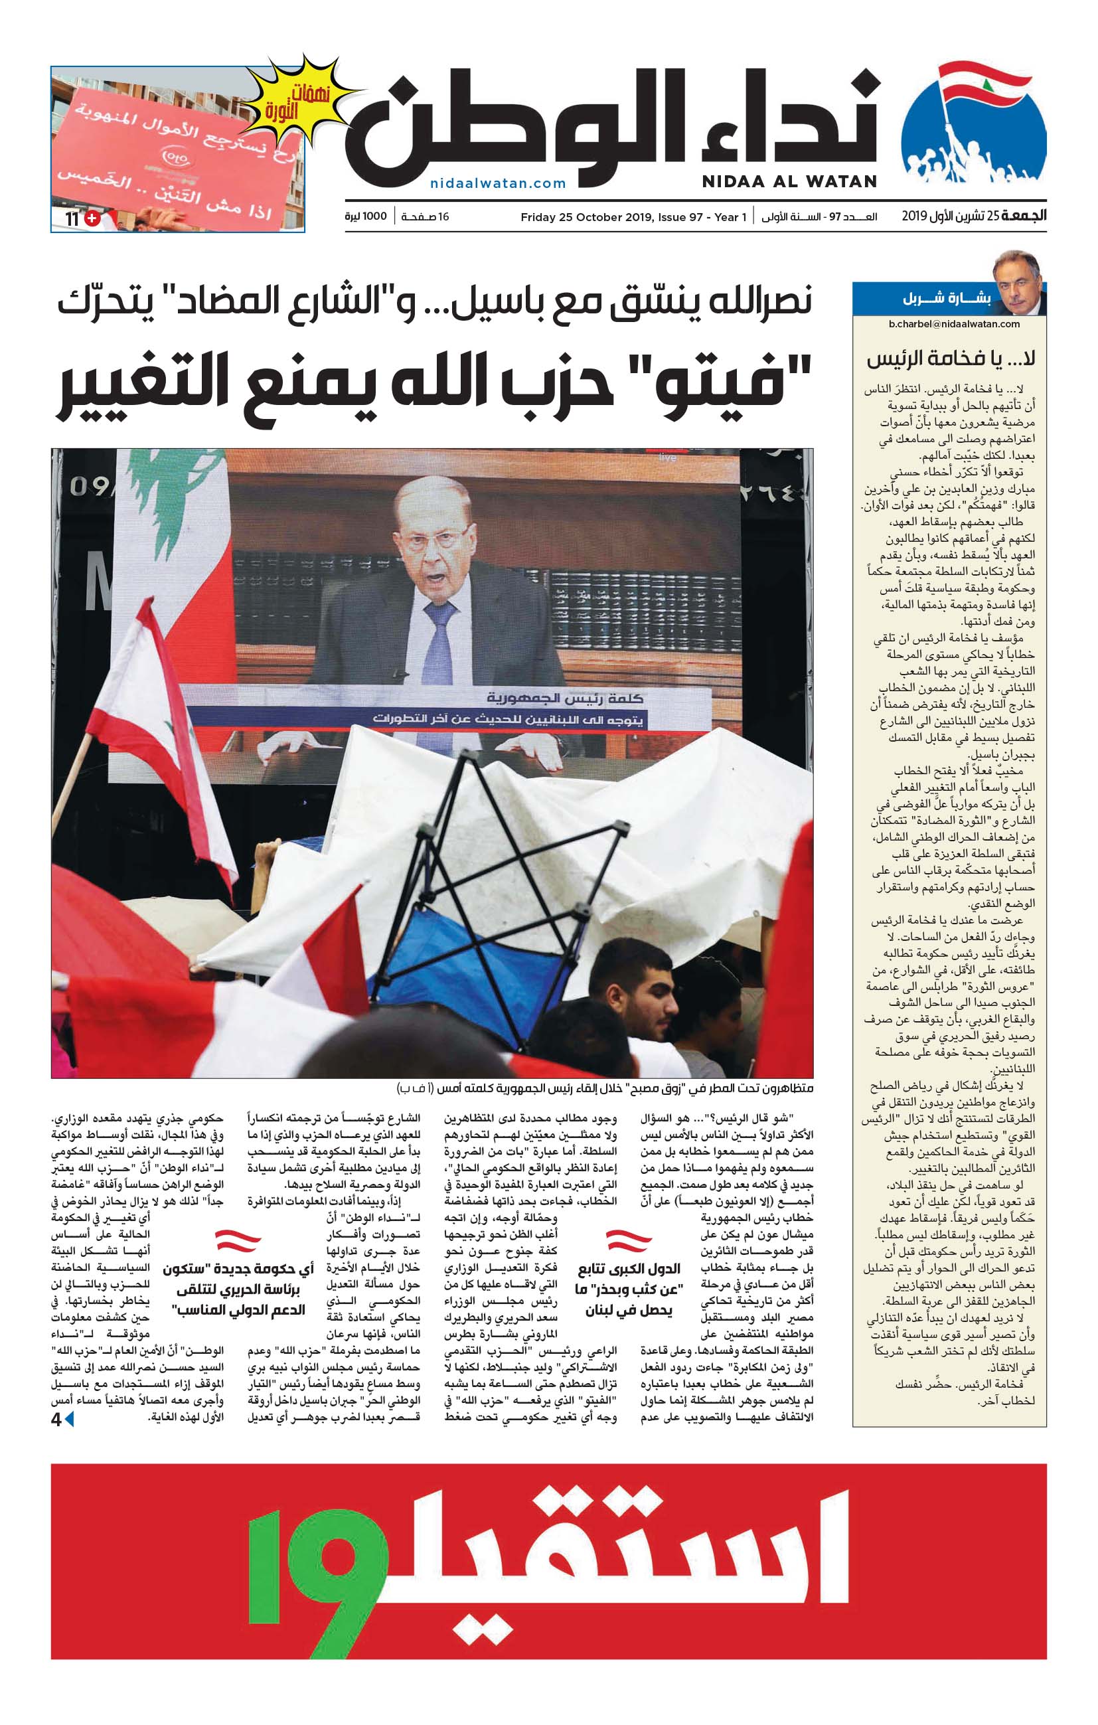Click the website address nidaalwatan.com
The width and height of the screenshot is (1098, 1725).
click(498, 183)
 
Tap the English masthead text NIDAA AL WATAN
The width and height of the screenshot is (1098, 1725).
click(789, 181)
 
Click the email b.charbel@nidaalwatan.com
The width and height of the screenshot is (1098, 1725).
click(953, 324)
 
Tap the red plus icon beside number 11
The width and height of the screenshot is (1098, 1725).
click(92, 218)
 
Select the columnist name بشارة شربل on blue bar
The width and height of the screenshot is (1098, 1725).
click(946, 299)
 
